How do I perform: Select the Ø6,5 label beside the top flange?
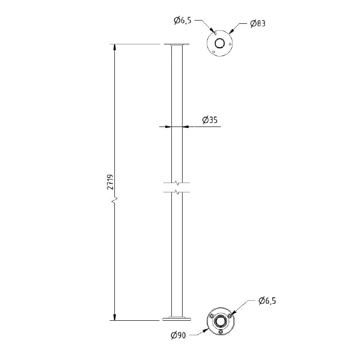click(x=182, y=20)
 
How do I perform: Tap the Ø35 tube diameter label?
click(x=210, y=120)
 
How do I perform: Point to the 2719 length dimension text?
click(x=110, y=182)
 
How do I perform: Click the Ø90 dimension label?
click(x=179, y=335)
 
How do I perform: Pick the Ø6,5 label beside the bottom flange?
click(x=267, y=301)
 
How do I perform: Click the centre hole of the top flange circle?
click(x=219, y=43)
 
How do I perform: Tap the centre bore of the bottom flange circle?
click(x=221, y=321)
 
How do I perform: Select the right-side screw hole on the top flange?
click(x=230, y=44)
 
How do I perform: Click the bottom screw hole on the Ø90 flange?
click(x=221, y=332)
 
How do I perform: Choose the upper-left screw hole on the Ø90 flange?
click(x=212, y=316)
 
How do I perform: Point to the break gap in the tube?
click(x=177, y=187)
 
